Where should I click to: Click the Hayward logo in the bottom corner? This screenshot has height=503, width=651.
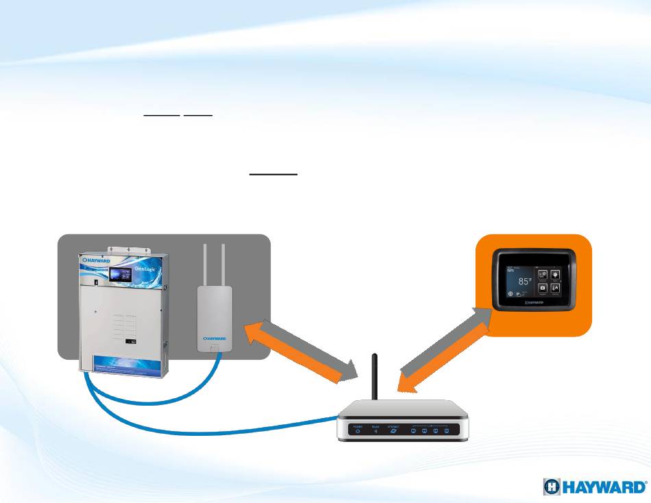click(594, 487)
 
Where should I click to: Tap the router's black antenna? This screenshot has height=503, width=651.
click(374, 380)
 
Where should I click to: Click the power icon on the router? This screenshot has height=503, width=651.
click(358, 431)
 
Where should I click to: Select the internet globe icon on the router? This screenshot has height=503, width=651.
click(393, 431)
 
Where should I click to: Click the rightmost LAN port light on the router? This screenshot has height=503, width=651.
click(446, 432)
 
